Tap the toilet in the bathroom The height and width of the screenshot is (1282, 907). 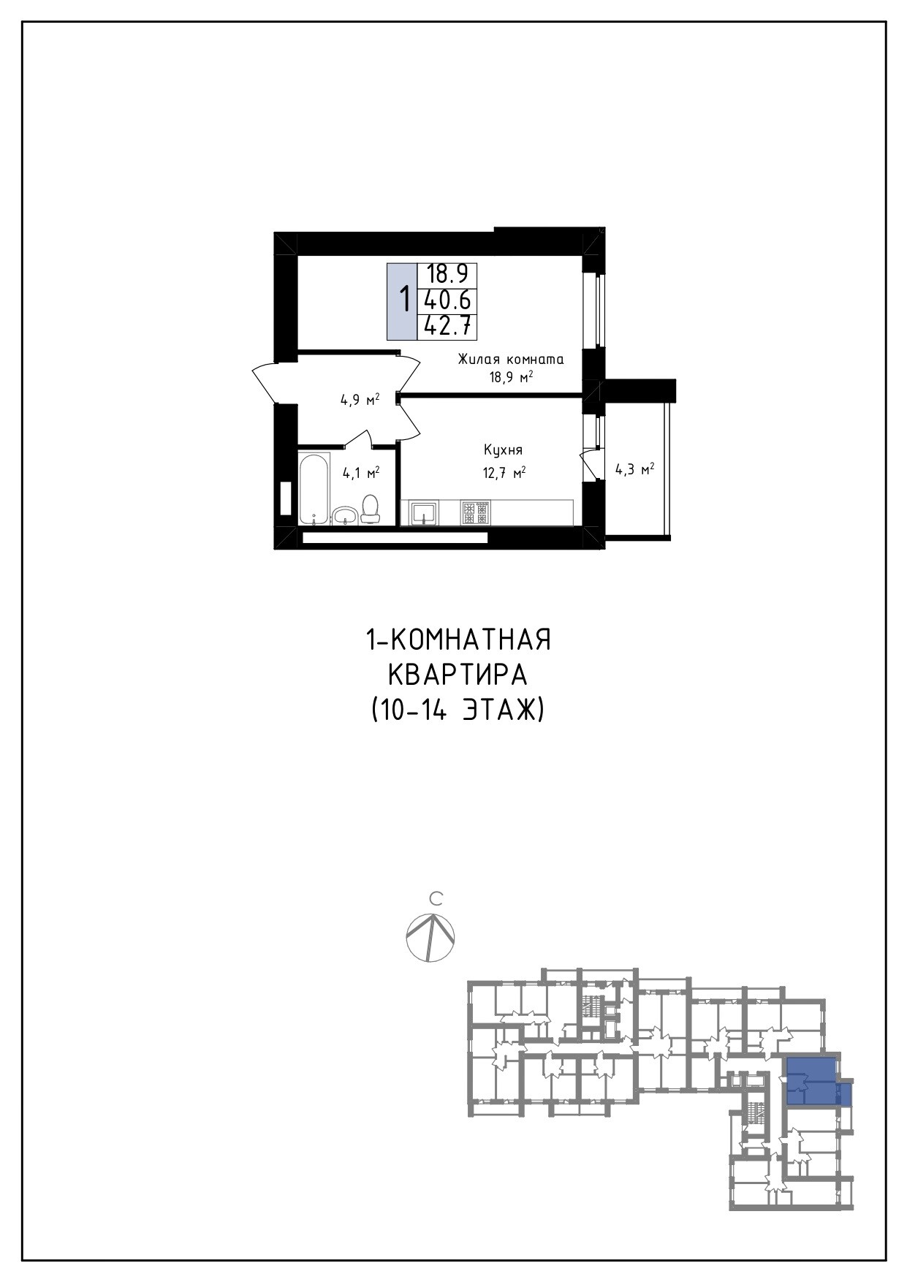click(x=371, y=509)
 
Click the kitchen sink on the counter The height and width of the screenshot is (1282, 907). click(x=424, y=512)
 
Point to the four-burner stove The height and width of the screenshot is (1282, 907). click(x=476, y=512)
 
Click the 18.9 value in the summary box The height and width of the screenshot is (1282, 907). click(x=447, y=274)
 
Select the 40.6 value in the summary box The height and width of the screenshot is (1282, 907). click(x=447, y=300)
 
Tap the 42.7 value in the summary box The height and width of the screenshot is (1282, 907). click(x=447, y=326)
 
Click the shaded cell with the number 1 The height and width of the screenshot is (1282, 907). click(x=402, y=300)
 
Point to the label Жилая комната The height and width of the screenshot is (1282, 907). click(x=511, y=359)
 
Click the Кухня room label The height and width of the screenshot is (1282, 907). click(x=503, y=450)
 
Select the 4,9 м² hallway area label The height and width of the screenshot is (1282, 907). click(x=360, y=400)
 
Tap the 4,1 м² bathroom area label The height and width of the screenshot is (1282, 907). click(x=361, y=473)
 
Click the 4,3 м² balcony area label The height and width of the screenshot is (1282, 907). click(x=634, y=469)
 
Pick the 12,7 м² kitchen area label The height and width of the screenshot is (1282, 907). click(x=504, y=473)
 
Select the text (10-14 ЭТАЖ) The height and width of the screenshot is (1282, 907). click(x=458, y=710)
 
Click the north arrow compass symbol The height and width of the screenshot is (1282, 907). click(x=430, y=938)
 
